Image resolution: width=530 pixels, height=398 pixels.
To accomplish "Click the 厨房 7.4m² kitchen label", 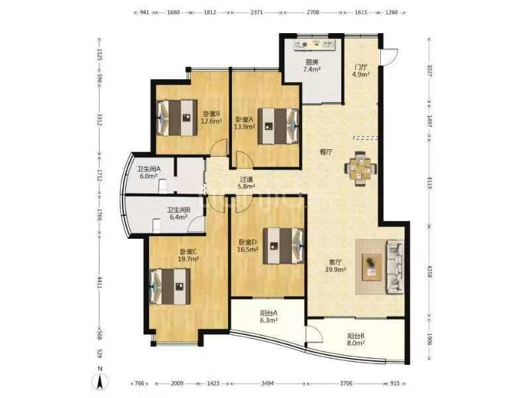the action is click(312, 66).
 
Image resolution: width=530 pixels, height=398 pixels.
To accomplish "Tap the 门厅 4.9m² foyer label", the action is click(360, 70).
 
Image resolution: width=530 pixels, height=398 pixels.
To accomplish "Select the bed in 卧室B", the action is click(177, 117).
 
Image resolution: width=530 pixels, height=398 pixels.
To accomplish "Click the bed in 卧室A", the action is click(278, 126).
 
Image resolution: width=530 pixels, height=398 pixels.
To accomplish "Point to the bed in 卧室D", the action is click(284, 245).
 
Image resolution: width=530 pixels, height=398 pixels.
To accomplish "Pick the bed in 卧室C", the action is click(170, 287).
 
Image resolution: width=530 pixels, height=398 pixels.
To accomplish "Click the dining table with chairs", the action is click(360, 169).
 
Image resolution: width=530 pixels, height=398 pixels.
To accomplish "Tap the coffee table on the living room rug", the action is click(372, 267).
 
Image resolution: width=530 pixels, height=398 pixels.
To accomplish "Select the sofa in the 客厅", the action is click(395, 267).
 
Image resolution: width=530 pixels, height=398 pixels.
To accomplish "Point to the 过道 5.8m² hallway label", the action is click(246, 183).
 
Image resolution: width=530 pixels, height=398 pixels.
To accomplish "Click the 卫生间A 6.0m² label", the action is click(148, 172).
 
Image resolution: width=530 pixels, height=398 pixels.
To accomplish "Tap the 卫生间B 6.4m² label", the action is click(178, 213).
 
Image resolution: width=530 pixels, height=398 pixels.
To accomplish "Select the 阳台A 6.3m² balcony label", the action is click(269, 316).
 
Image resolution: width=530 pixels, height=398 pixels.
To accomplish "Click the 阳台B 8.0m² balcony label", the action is click(356, 340).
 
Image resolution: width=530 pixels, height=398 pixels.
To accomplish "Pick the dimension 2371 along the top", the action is click(256, 13).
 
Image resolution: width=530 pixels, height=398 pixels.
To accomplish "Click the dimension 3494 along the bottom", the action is click(268, 383).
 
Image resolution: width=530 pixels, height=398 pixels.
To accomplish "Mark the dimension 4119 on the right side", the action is click(429, 182).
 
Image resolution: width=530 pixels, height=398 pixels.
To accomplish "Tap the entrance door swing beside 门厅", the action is click(389, 56).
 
